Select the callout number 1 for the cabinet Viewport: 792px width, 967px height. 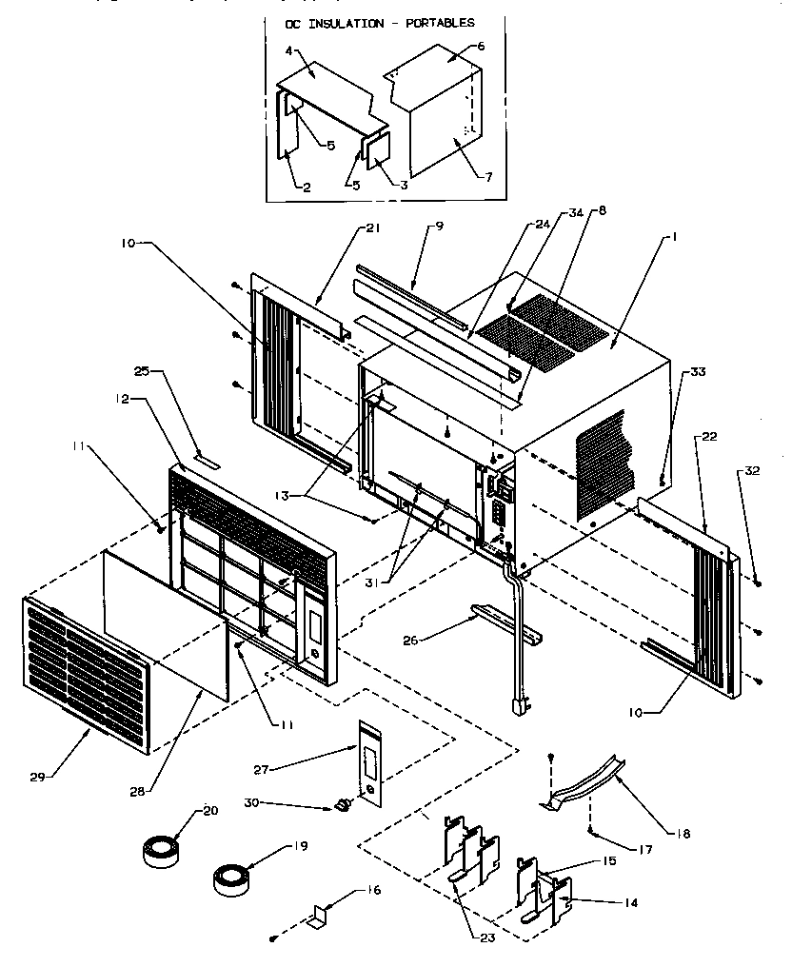tap(674, 236)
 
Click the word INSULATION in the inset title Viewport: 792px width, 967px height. tap(379, 23)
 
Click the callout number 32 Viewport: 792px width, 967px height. tap(752, 469)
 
